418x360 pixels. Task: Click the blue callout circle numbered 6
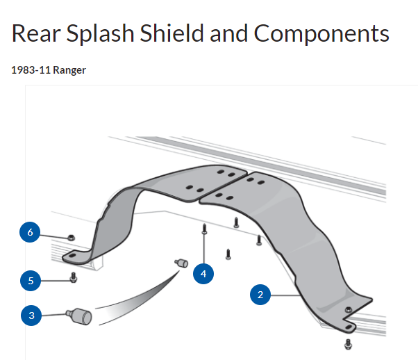30,233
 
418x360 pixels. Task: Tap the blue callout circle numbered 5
30,281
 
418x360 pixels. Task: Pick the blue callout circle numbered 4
203,274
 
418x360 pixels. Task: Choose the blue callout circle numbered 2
260,295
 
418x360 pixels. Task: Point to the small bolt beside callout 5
74,279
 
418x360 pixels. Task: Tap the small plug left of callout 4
181,263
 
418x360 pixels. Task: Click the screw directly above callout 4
205,230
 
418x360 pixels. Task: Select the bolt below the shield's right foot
349,343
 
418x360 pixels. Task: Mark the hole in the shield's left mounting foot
69,256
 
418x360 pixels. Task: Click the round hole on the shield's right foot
349,309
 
